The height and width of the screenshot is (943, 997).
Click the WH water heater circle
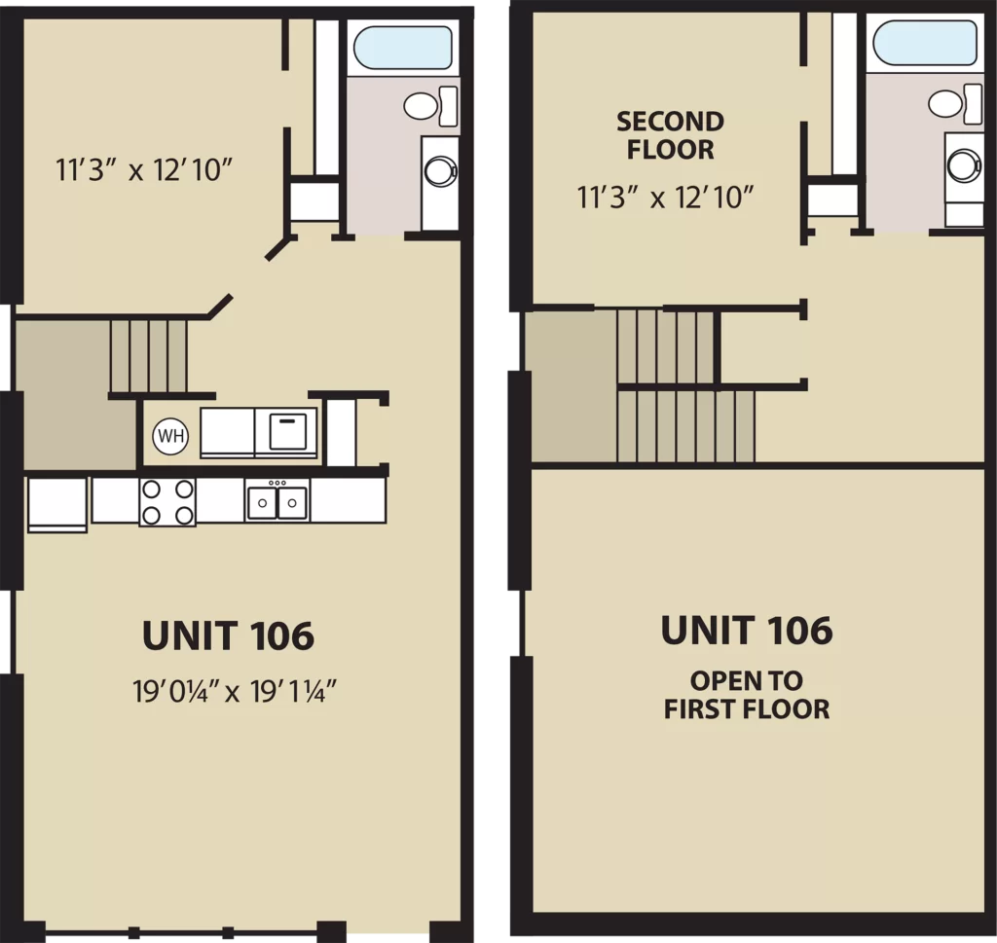(170, 436)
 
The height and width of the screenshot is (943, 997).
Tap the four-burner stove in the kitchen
(167, 502)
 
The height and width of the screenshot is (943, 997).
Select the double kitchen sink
(277, 501)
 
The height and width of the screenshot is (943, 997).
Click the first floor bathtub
(402, 47)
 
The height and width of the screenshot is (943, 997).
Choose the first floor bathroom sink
(440, 171)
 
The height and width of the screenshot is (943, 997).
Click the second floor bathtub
(925, 43)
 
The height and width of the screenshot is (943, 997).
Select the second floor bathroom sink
(964, 165)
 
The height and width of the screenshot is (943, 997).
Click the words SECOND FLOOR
(670, 135)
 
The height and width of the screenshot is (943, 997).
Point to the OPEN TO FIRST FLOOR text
(747, 695)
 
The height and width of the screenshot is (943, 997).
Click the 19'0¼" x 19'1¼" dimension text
(234, 691)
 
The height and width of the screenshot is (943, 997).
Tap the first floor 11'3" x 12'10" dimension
(144, 170)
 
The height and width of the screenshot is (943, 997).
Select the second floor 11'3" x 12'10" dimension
(665, 198)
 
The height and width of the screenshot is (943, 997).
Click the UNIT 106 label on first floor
(228, 635)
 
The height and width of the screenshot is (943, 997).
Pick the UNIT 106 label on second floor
(747, 631)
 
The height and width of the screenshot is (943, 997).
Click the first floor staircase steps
(149, 356)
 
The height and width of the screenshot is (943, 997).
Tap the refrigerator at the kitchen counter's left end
(57, 504)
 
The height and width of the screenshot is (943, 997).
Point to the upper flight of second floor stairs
(666, 347)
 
